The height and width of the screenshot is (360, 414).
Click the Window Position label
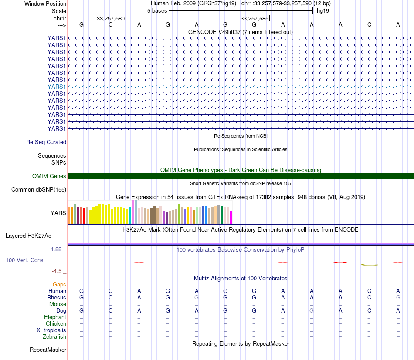pos(45,3)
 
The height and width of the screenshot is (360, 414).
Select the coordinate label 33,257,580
pos(111,18)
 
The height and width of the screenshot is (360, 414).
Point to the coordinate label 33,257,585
pos(255,18)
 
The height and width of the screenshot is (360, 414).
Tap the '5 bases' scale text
pos(157,10)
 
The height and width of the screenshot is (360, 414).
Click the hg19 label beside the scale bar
pos(323,10)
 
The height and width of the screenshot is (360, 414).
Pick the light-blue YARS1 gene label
pos(57,87)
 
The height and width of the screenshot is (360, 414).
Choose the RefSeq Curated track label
pos(46,142)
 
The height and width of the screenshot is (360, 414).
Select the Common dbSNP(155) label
pos(39,189)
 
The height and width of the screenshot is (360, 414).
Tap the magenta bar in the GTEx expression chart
pos(231,217)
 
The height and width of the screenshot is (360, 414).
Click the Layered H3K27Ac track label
pos(28,236)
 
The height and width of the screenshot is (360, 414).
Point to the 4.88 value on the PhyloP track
pos(57,249)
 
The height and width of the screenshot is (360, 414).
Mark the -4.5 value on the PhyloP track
pos(58,271)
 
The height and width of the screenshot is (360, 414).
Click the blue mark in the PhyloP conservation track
pos(227,264)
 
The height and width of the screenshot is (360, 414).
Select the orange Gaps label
pos(59,284)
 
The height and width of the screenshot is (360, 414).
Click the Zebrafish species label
pos(54,336)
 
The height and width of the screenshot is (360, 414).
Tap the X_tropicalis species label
pos(51,330)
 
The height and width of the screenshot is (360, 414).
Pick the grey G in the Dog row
pos(312,310)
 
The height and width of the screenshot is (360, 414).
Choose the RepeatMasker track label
pos(48,350)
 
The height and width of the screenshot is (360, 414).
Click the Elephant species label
pos(55,317)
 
